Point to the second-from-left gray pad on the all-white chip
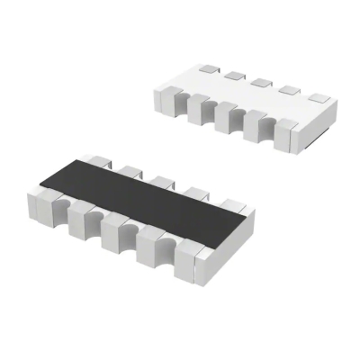pyautogui.click(x=234, y=75)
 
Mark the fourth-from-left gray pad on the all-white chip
pyautogui.click(x=289, y=91)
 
